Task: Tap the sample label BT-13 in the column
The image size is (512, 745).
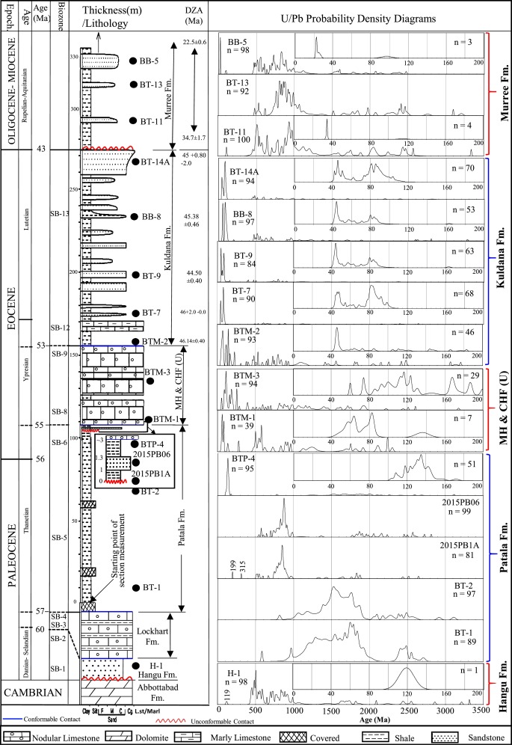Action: click(150, 85)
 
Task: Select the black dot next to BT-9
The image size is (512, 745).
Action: click(134, 275)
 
